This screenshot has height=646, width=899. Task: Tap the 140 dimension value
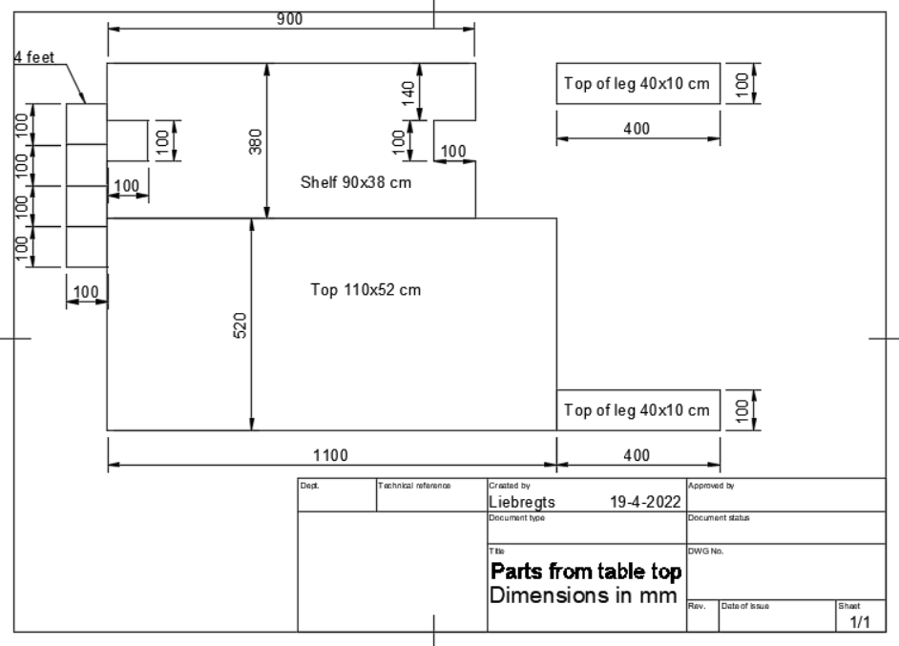pyautogui.click(x=408, y=93)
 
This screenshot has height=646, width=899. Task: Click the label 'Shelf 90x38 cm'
pyautogui.click(x=356, y=183)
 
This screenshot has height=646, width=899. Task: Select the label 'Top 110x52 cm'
pyautogui.click(x=366, y=290)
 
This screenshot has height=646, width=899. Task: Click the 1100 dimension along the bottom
pyautogui.click(x=331, y=454)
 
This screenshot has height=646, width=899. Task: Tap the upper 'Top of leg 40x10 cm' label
pyautogui.click(x=637, y=84)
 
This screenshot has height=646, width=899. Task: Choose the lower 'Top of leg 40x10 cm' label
pyautogui.click(x=637, y=410)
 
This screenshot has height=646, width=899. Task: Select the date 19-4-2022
pyautogui.click(x=644, y=501)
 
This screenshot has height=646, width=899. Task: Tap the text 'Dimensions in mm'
pyautogui.click(x=583, y=595)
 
